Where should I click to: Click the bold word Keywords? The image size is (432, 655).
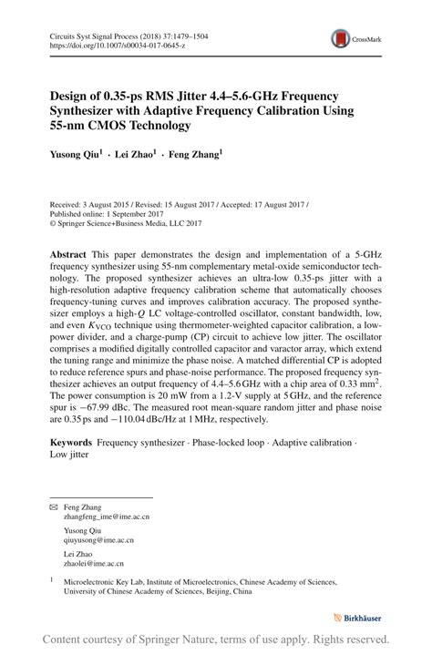pos(72,442)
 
